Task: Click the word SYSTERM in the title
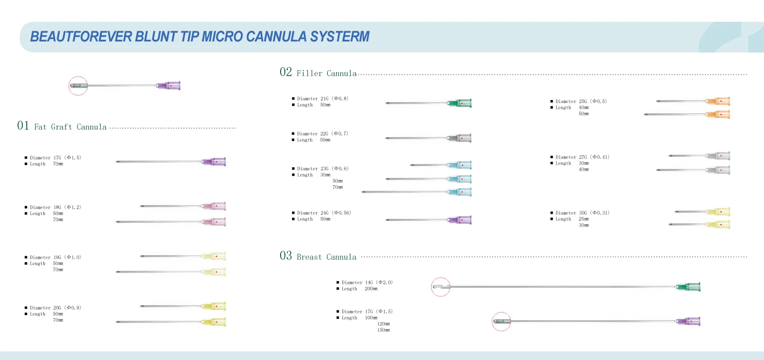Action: tap(340, 37)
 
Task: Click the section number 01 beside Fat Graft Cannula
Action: tap(23, 126)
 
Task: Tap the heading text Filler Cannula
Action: tap(326, 74)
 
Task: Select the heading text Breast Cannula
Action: tap(326, 257)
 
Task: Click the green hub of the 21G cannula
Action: tap(460, 103)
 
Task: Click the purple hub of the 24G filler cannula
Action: tap(460, 220)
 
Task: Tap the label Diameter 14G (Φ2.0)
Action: tap(367, 283)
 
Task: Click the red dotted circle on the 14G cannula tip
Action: tap(441, 287)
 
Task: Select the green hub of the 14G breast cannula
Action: tap(689, 287)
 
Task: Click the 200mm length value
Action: tap(371, 289)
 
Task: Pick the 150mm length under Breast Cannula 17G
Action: tap(383, 330)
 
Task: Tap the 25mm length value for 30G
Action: tap(583, 219)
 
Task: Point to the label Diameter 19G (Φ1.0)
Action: tap(55, 257)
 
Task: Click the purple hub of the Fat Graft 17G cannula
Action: tap(214, 162)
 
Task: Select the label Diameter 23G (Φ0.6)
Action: tap(323, 169)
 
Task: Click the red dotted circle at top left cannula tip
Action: tap(78, 86)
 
